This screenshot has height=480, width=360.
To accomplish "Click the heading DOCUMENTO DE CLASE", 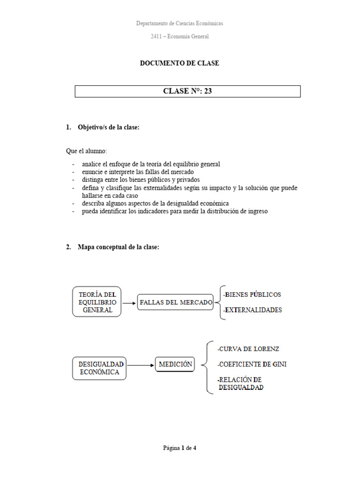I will coord(180,63).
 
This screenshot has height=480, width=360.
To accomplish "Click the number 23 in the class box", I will coord(208,91).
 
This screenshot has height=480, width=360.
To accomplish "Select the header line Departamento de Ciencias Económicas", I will coord(180,23).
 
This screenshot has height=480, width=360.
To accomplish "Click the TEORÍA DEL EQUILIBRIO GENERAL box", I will coord(97,302).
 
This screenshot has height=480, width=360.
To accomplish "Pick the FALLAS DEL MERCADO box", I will coord(176,302).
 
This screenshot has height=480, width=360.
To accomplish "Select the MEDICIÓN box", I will coord(175,364).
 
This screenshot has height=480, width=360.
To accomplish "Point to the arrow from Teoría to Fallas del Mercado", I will coord(129,303).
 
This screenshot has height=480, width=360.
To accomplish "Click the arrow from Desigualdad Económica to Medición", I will coord(141,365).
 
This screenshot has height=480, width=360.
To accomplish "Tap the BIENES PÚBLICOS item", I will coord(253,295).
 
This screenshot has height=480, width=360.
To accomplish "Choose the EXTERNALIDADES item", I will coord(253,310).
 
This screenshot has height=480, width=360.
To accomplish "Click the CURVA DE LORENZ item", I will coord(248,349).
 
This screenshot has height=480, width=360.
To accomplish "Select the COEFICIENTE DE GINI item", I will coord(252,364).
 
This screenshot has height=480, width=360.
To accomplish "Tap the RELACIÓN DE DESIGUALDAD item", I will coord(240,383).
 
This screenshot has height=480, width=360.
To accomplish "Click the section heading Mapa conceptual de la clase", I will coord(119,247).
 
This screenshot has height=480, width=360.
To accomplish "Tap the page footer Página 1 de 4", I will coord(180,448).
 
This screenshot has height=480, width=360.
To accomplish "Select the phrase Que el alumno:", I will coord(86,151).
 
